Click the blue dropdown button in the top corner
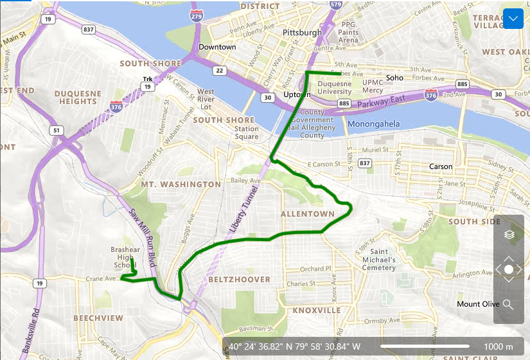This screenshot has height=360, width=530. point(513,19)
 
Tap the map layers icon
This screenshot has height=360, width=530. point(509,235)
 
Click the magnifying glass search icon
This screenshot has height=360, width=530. point(508,304)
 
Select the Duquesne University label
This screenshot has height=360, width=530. point(335,87)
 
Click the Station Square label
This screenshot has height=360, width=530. point(247,132)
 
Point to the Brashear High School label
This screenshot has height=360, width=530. point(125,257)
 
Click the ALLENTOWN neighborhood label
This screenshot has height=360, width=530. point(307,213)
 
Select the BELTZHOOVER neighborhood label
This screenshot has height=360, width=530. point(238,280)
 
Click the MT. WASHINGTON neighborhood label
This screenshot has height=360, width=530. point(181,184)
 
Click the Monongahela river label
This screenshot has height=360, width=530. point(373,124)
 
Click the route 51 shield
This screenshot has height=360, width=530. point(56,130)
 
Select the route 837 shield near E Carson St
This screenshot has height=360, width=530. point(365,163)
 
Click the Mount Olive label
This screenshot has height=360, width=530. point(478,304)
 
